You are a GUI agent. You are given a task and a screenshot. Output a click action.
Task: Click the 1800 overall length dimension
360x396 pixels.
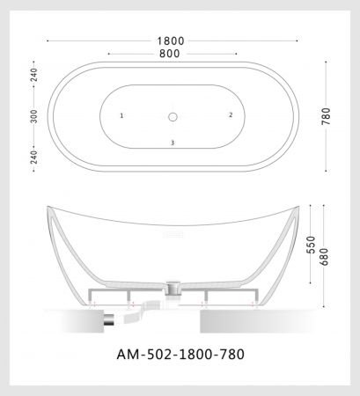pos(171,40)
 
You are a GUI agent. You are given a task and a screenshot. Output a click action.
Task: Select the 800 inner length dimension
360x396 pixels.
pos(171,54)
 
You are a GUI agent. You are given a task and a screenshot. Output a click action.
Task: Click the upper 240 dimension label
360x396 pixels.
pos(34,75)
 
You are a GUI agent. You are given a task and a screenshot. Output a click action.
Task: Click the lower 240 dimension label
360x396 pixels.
pos(34,157)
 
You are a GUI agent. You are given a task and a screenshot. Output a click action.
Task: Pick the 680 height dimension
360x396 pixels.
pos(327,258)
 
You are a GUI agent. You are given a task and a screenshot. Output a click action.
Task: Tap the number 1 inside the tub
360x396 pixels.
pos(121,115)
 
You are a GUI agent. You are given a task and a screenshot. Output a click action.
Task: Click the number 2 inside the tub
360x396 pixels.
pos(231,114)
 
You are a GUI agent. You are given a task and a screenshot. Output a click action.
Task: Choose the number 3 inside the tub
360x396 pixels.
pos(173,143)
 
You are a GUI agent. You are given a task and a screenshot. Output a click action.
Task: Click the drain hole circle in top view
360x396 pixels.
pos(173,115)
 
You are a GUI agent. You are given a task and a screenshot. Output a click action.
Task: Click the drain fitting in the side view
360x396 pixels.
pos(173,286)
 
